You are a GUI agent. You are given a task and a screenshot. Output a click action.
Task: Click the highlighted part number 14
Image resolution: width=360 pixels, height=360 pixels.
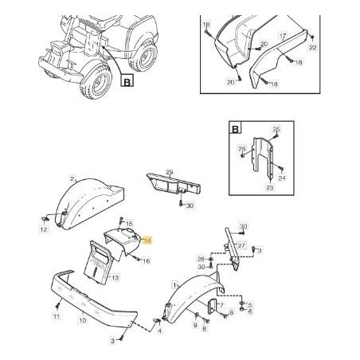pos(147,241)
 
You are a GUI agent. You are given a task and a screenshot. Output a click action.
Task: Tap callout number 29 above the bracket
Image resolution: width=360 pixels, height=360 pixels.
pos(170,172)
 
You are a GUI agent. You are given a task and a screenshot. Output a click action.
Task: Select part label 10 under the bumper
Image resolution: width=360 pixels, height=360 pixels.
pos(83,320)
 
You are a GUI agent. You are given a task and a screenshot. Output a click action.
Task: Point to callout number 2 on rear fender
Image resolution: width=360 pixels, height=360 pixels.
pos(72,179)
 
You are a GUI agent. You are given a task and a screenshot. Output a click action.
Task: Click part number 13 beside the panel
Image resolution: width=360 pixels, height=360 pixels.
pos(115,278)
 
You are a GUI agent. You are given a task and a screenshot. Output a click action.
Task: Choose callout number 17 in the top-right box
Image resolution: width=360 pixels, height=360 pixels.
pos(283,36)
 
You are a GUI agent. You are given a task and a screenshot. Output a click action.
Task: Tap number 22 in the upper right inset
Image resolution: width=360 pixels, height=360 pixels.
pos(313,48)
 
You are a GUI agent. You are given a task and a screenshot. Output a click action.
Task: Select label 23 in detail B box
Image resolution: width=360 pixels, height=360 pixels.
pos(270,188)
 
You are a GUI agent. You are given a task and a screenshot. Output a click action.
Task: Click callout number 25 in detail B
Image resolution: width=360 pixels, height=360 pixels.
pos(276,129)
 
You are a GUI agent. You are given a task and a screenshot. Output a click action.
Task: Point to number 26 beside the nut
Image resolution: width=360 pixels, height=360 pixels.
pos(242,149)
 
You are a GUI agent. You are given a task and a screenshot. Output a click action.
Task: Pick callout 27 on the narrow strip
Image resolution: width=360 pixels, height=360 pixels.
pos(241,245)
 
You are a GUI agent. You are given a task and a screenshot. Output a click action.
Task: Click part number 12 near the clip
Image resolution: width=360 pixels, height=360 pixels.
pos(44,229)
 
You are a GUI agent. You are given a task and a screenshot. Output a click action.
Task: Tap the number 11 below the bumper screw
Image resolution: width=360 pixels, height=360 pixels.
pos(57,316)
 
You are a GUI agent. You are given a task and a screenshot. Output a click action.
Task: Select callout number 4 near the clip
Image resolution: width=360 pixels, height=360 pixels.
pos(159,331)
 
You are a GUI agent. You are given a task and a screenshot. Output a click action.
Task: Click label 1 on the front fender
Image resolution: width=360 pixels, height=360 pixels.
pos(174,285)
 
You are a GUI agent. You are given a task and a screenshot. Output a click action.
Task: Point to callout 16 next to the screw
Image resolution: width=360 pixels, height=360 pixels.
pos(147,261)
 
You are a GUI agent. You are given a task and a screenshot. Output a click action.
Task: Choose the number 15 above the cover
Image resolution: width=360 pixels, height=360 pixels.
pos(129,224)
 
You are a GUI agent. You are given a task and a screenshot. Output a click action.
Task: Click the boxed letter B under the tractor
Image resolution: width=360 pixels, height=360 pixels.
pos(127,80)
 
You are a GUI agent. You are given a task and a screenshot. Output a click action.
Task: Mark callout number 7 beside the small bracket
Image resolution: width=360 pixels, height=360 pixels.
pos(222,306)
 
